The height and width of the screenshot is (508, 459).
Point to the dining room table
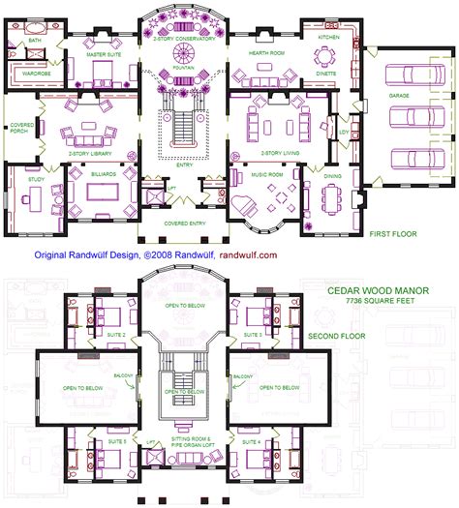331,201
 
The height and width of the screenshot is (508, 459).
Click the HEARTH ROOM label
264,54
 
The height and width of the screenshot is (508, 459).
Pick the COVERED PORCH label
20,128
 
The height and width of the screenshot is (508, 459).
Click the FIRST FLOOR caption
393,234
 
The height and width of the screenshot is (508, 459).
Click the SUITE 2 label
116,334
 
